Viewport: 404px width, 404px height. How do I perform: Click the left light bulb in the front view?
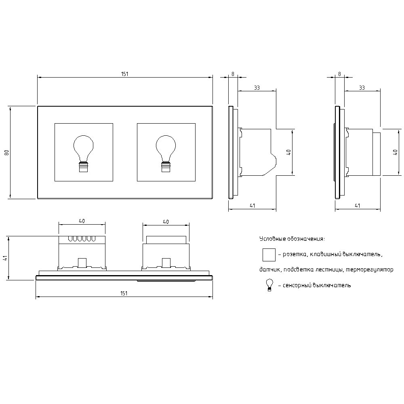click(x=83, y=153)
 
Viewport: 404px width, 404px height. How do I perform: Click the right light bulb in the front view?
click(x=166, y=153)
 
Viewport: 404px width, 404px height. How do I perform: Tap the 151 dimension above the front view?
click(x=125, y=74)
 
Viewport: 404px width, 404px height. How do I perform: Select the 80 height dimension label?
click(x=7, y=152)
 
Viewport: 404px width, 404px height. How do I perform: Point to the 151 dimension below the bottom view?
click(x=124, y=293)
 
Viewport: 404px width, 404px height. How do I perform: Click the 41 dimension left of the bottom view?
click(x=5, y=259)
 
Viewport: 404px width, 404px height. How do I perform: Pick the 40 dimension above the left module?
click(x=82, y=221)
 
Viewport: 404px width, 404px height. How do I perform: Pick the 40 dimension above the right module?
click(x=166, y=222)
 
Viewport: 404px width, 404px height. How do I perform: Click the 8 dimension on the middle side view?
click(x=233, y=74)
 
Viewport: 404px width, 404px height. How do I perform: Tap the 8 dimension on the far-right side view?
click(x=340, y=74)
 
